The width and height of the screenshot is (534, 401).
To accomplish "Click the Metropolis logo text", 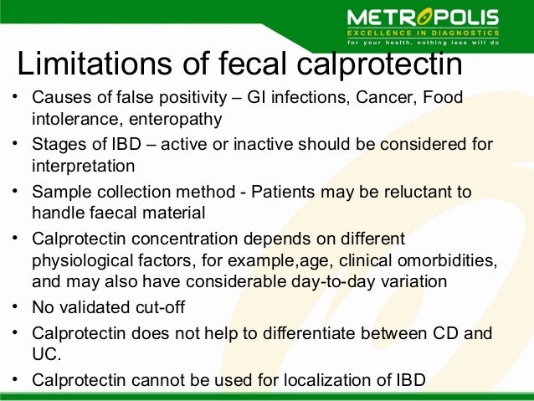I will pos(423,17).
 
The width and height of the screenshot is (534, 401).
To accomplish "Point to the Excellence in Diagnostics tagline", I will pos(422,33).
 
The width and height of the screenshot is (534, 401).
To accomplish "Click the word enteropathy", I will pos(180,119).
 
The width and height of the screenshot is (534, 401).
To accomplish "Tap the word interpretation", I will pos(83,165).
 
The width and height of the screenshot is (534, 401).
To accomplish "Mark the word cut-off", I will pos(166,307).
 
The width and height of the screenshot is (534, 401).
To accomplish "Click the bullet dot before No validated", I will pos(15,307).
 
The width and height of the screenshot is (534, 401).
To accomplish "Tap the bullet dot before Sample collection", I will pos(15,192).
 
